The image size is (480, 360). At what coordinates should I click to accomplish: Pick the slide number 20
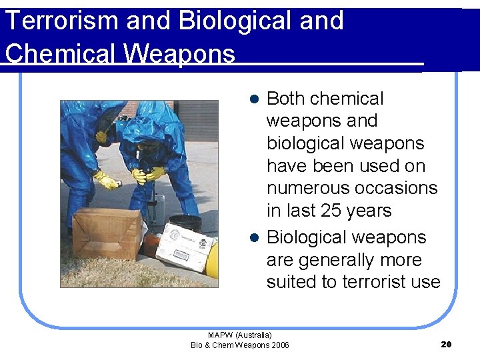coord(447,344)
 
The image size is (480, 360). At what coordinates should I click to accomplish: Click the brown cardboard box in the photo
coord(106,233)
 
